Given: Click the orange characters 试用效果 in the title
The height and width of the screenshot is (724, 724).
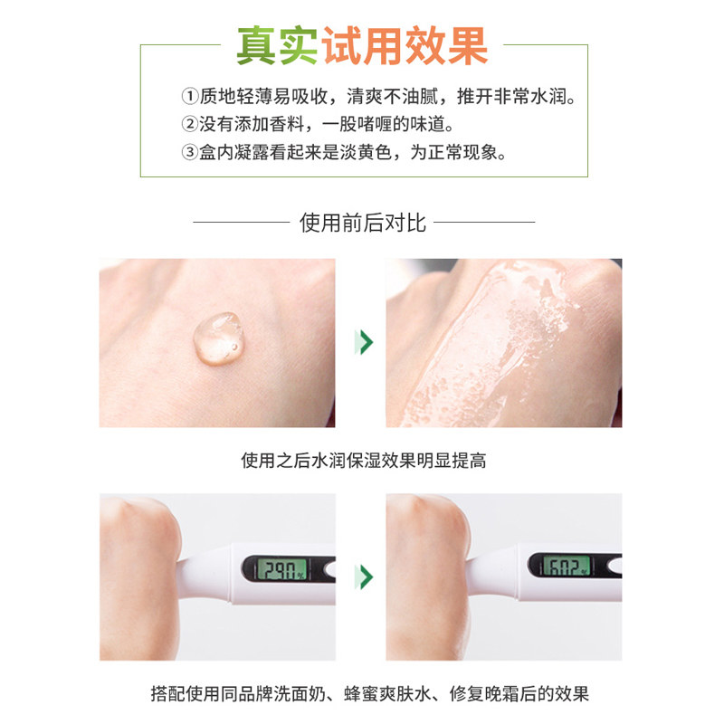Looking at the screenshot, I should [x=402, y=45].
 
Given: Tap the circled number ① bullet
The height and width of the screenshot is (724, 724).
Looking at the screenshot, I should [x=189, y=96].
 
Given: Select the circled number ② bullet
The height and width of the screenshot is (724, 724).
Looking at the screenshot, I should [x=189, y=124].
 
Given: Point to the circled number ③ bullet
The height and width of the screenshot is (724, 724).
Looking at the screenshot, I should [x=189, y=152].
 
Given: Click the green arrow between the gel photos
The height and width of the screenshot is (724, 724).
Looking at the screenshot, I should [x=365, y=342].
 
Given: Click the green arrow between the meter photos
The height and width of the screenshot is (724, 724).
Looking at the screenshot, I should [x=365, y=576].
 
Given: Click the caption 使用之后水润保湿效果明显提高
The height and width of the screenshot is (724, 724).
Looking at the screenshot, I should [x=363, y=460].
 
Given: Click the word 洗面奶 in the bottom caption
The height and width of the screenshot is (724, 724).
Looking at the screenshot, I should [x=296, y=694].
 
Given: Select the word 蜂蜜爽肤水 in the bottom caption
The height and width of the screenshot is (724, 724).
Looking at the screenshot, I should [x=368, y=694].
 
